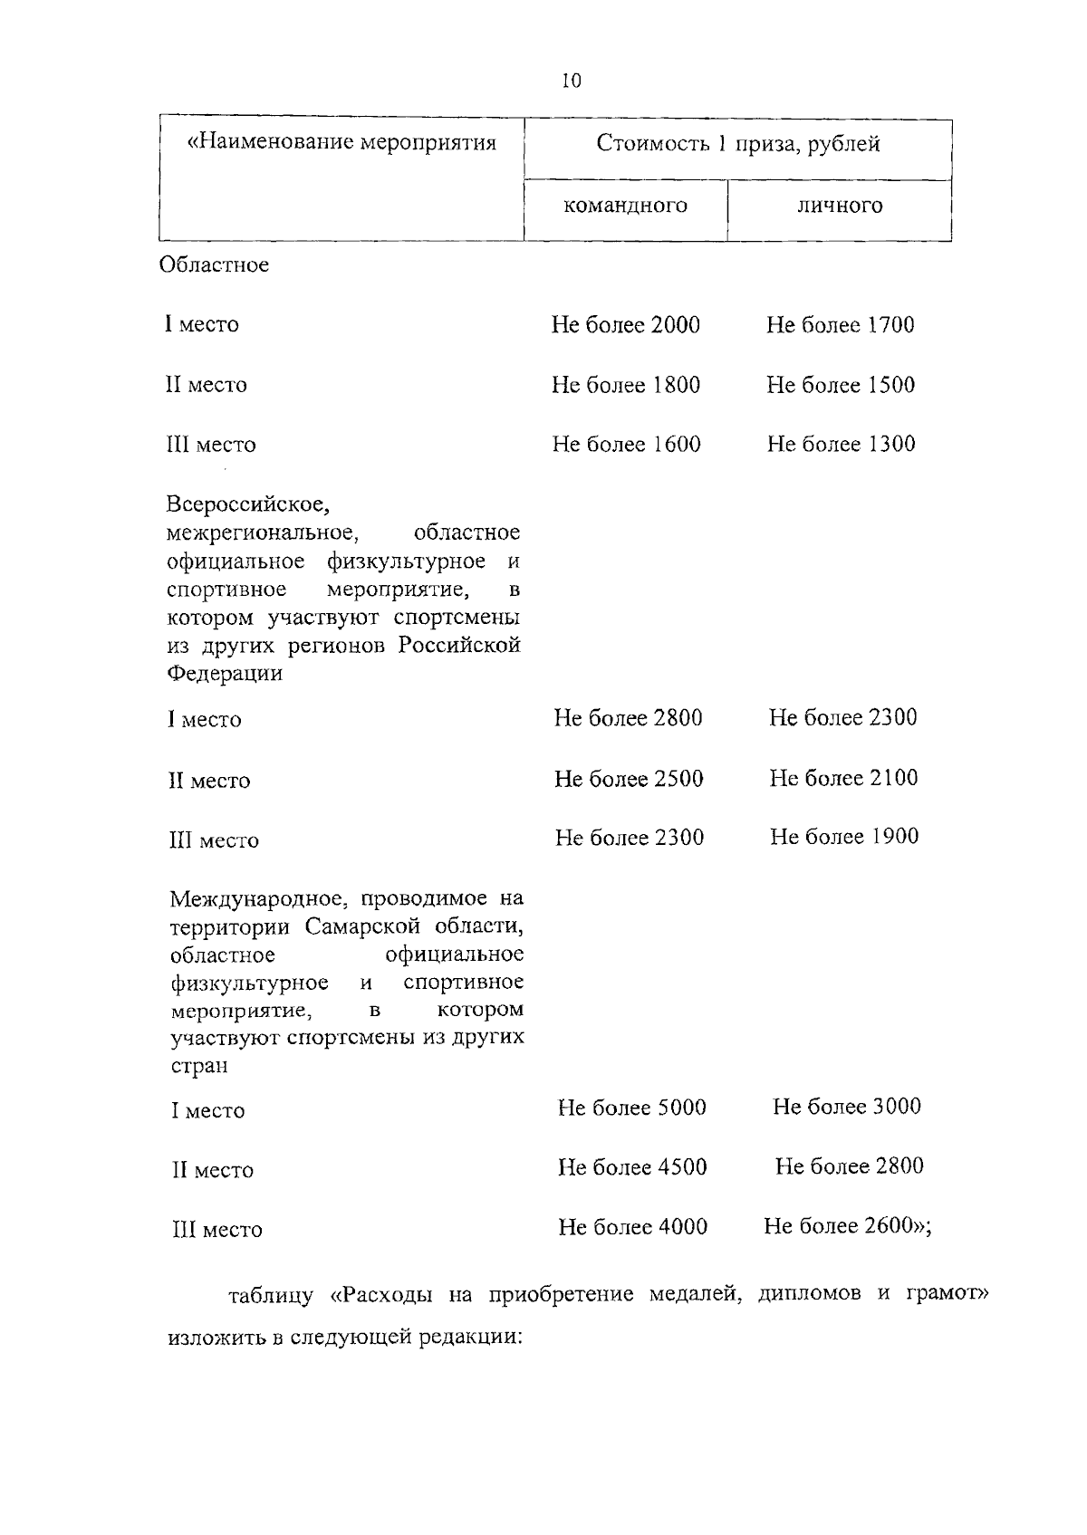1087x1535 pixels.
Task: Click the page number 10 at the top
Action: click(572, 81)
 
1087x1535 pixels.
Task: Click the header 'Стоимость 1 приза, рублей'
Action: click(737, 145)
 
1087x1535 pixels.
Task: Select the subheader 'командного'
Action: click(625, 206)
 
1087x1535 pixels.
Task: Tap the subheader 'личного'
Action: click(839, 206)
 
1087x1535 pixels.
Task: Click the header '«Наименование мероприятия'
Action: click(341, 143)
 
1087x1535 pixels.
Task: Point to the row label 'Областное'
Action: click(214, 265)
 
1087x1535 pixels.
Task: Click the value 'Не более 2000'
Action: click(625, 325)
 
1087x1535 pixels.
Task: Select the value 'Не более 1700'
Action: click(840, 325)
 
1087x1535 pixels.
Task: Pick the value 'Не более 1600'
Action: click(626, 444)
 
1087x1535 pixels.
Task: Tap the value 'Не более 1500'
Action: click(840, 385)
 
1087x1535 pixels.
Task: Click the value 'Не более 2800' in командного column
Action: click(628, 718)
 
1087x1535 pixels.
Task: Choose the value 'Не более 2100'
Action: click(843, 778)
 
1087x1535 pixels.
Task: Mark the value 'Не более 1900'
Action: click(844, 837)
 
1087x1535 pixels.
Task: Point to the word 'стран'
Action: click(198, 1066)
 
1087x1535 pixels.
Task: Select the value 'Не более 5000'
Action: click(631, 1108)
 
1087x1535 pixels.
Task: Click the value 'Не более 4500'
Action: click(631, 1167)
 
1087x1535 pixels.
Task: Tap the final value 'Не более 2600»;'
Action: click(848, 1226)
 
